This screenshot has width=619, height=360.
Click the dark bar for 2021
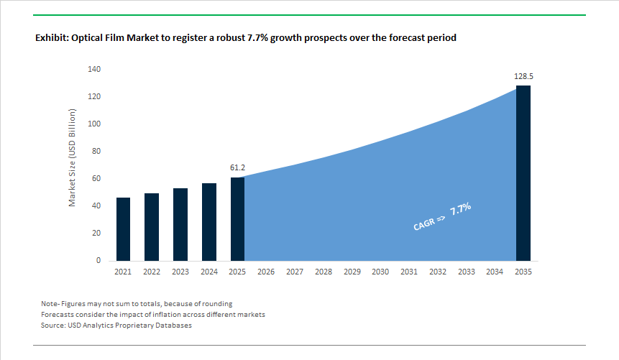(x=123, y=229)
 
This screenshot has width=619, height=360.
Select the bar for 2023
(x=180, y=224)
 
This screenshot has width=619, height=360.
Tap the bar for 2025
(x=237, y=218)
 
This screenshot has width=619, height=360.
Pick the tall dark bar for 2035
(x=523, y=172)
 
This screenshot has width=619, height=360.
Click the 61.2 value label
(x=238, y=167)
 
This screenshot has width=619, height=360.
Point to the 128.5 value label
(x=523, y=75)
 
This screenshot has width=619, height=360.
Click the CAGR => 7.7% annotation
(x=442, y=216)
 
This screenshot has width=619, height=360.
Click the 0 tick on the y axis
(x=99, y=261)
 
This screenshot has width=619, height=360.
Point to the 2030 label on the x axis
(x=380, y=272)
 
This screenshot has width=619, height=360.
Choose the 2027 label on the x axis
(x=295, y=272)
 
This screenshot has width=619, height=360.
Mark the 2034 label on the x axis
(x=495, y=272)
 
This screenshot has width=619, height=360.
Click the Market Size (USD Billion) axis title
(x=73, y=158)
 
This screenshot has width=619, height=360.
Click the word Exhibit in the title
(x=52, y=38)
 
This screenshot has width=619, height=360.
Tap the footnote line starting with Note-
(x=137, y=304)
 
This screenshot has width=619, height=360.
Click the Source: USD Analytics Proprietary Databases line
(x=117, y=326)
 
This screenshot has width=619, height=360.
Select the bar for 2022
(x=152, y=226)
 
